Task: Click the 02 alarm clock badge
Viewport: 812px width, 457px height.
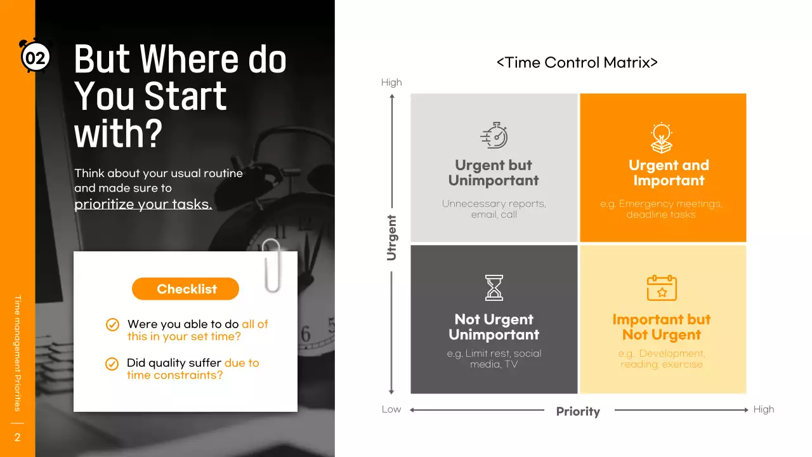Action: pos(35,58)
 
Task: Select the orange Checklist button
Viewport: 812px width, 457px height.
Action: pos(186,289)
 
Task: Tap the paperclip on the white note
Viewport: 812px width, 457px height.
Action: pos(272,265)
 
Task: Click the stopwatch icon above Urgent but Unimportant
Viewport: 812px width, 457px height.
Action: pos(494,136)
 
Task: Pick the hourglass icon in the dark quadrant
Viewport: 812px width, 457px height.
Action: pos(494,288)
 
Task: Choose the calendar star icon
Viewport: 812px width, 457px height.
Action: pos(662,288)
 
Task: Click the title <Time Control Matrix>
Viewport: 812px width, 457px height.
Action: pos(577,62)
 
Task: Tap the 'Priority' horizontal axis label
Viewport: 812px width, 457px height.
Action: pos(578,411)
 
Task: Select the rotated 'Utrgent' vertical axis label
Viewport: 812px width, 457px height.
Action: pos(391,237)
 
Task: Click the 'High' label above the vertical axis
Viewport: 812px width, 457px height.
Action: pos(391,83)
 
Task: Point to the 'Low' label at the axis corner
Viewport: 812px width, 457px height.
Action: pos(391,409)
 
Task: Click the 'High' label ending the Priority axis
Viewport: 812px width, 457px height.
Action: pos(764,409)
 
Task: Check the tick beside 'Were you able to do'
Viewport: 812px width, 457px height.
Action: pos(112,325)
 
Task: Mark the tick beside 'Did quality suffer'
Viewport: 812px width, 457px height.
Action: pos(112,364)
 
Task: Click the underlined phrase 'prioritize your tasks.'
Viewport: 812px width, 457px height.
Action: pos(143,204)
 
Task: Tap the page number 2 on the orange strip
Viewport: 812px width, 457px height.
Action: pos(17,437)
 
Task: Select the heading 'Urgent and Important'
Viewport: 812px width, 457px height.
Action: pos(669,173)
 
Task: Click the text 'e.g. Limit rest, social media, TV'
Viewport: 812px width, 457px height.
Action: pos(494,359)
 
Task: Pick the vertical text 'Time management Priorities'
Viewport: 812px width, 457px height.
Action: pos(18,353)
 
